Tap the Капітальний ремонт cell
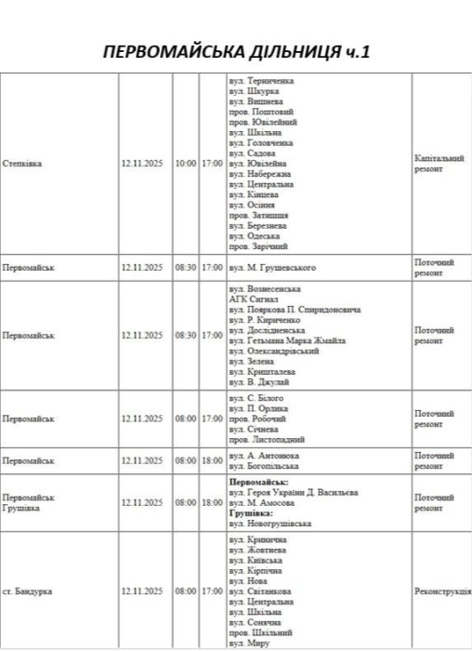tap(439, 164)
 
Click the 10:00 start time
tap(186, 164)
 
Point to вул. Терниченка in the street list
tap(260, 81)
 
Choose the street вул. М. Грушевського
tap(271, 268)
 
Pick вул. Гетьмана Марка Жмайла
tap(286, 341)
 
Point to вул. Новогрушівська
tap(269, 524)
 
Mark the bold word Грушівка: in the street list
tap(251, 513)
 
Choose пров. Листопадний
tap(266, 440)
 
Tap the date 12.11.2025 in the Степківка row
tap(141, 164)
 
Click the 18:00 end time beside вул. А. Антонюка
tap(212, 461)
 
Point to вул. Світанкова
tap(264, 591)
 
